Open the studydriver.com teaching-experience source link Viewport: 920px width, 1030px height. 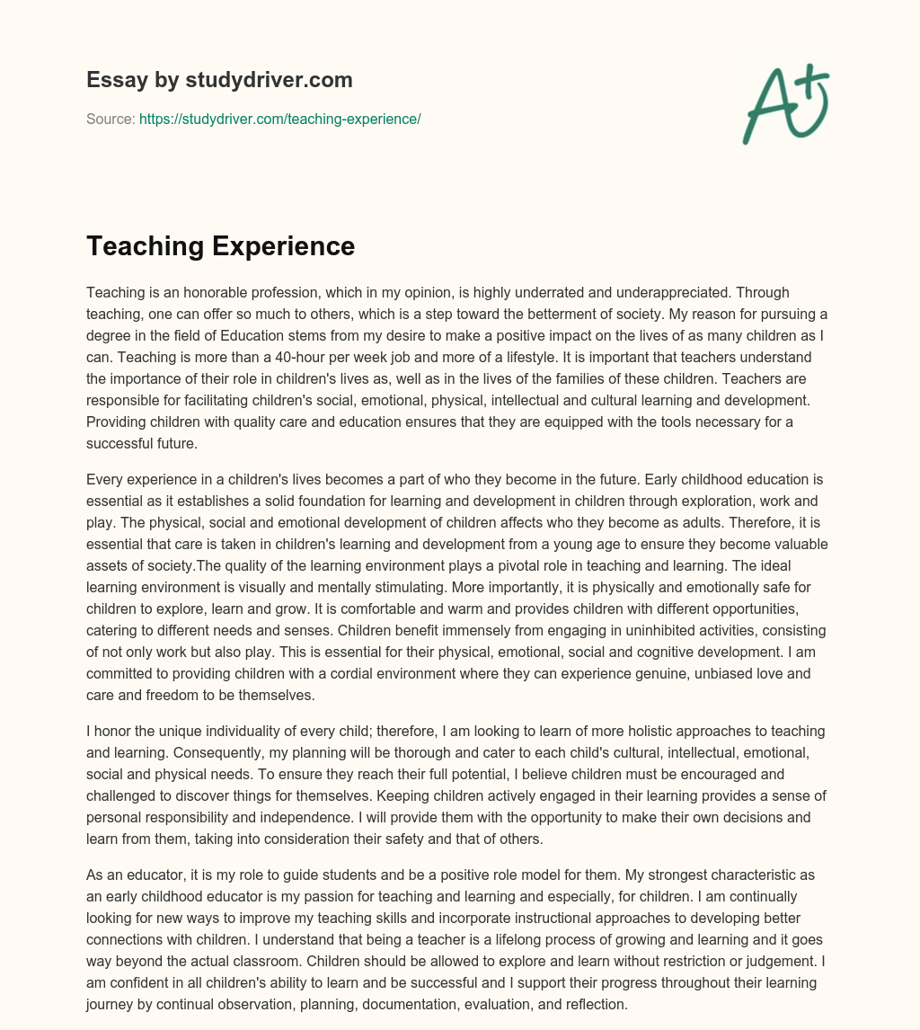coord(279,119)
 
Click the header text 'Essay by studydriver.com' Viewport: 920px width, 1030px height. coord(219,80)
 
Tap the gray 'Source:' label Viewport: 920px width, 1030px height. coord(111,119)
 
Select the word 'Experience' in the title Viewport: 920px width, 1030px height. coord(289,246)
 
